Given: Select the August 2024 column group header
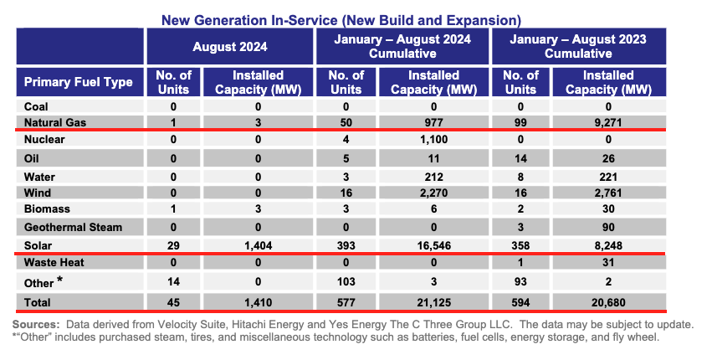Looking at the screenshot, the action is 230,47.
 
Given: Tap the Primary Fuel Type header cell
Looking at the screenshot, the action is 78,82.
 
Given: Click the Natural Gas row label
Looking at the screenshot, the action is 55,123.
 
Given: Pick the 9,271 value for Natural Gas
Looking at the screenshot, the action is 608,123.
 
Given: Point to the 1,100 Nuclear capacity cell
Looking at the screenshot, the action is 433,140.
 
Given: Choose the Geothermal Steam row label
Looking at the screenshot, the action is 73,227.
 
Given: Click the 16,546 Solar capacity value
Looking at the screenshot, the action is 433,246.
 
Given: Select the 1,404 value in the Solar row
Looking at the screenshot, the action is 258,246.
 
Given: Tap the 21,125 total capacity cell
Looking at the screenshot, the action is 433,303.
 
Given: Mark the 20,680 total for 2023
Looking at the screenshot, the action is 608,303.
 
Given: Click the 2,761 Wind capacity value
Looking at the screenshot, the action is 608,193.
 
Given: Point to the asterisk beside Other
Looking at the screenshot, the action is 60,280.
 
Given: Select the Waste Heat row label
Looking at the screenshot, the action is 54,262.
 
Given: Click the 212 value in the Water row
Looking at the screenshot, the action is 433,177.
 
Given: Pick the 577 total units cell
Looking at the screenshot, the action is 346,303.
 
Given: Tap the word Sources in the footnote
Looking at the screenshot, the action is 36,325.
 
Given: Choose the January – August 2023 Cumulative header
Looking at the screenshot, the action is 578,46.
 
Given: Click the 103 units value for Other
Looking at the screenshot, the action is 346,282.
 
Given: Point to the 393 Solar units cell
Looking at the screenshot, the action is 346,246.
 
